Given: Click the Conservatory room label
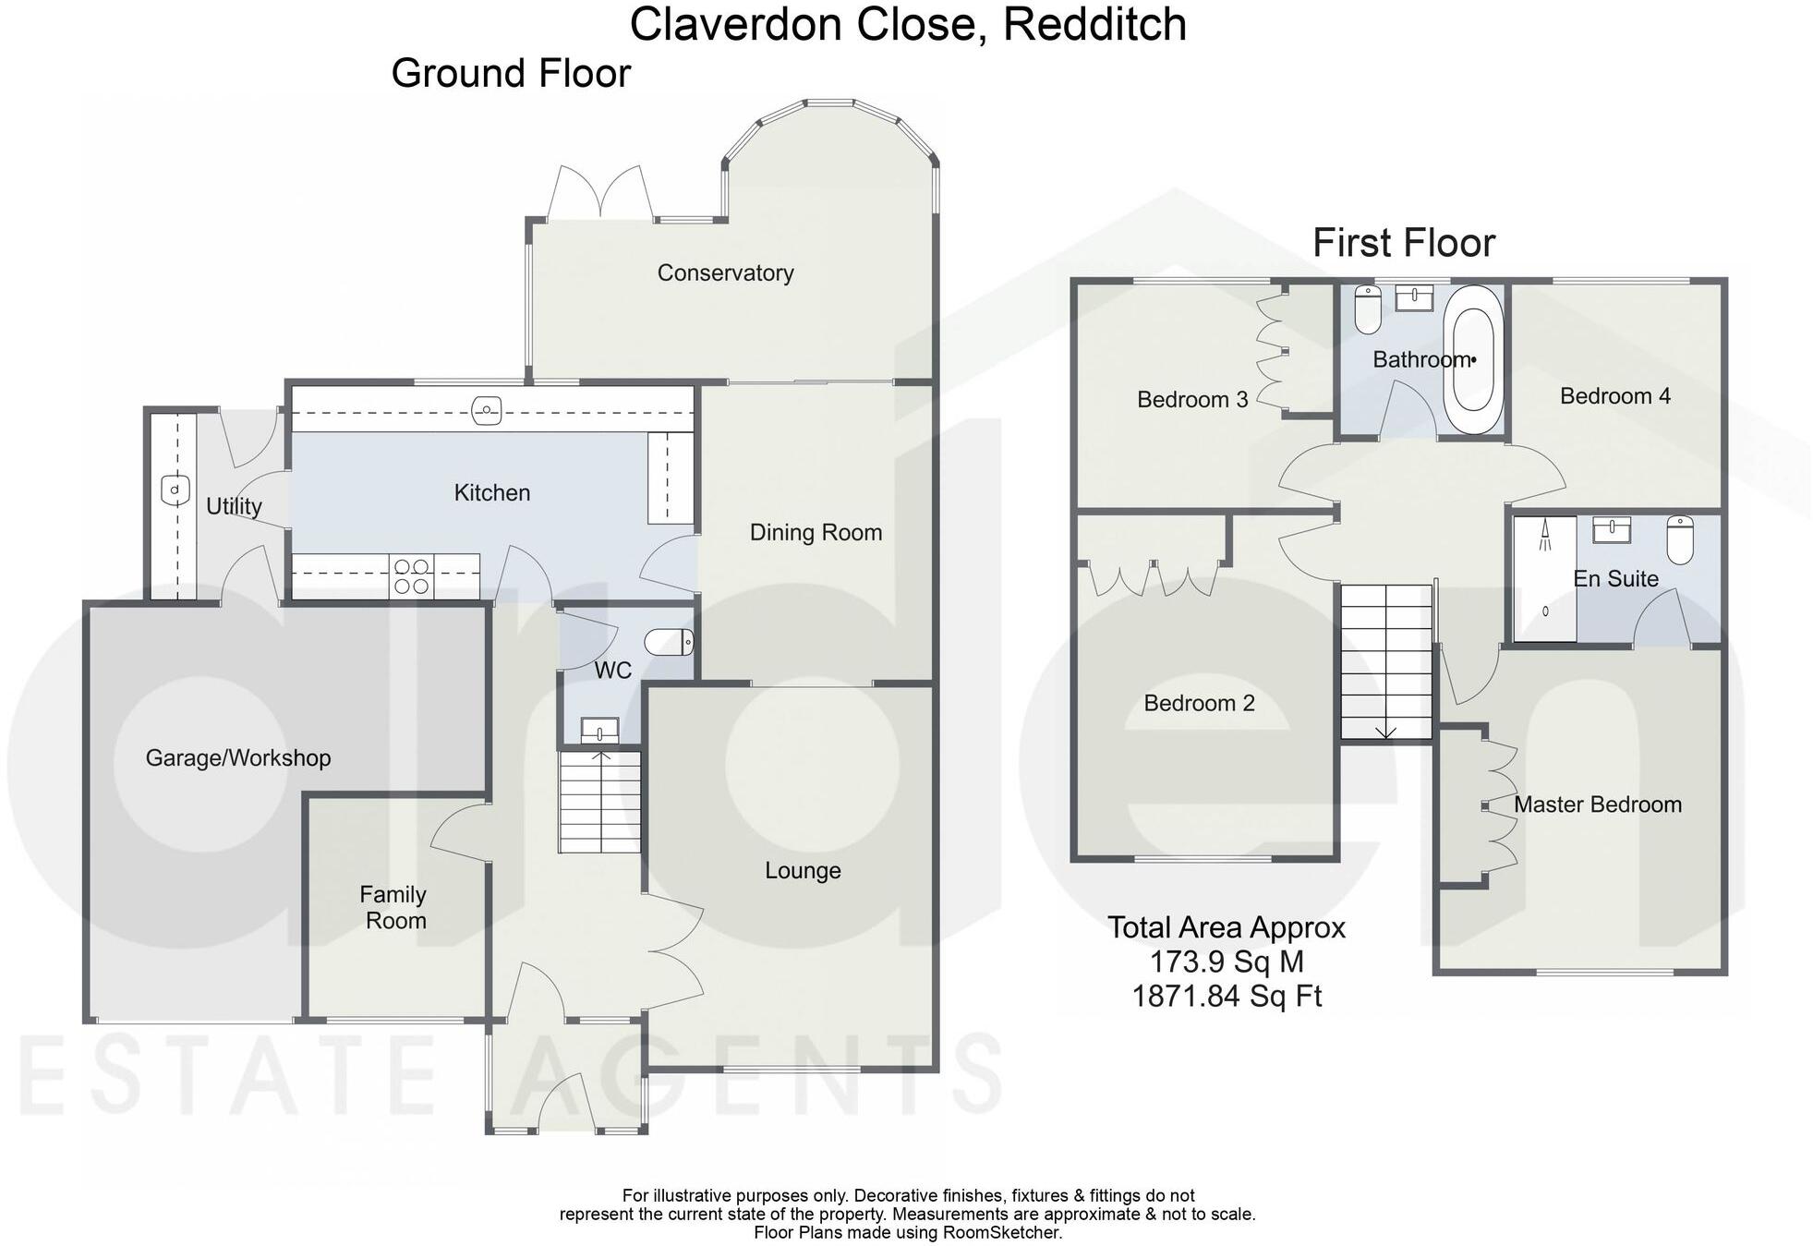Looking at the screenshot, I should click(x=725, y=273).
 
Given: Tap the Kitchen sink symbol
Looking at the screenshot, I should click(x=486, y=408).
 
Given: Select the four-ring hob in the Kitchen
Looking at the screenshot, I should click(x=411, y=576).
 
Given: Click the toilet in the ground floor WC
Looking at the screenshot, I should click(x=669, y=642).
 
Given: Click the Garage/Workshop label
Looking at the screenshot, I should click(x=238, y=758).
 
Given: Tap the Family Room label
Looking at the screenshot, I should click(x=394, y=907).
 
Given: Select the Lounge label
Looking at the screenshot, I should click(x=803, y=871).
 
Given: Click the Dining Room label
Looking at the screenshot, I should click(x=816, y=533).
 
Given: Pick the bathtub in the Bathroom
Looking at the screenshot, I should click(x=1473, y=360).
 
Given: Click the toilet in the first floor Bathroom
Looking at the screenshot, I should click(x=1367, y=308).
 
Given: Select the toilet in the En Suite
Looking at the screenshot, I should click(x=1680, y=539).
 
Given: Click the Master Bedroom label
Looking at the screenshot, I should click(x=1597, y=804).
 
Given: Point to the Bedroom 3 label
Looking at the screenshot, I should click(x=1191, y=400).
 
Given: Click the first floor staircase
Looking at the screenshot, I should click(x=1385, y=661).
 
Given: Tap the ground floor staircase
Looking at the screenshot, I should click(x=599, y=802).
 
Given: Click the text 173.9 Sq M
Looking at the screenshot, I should click(x=1226, y=962).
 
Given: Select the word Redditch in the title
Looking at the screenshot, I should click(x=1094, y=24).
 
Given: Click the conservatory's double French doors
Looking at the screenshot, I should click(x=600, y=193).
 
